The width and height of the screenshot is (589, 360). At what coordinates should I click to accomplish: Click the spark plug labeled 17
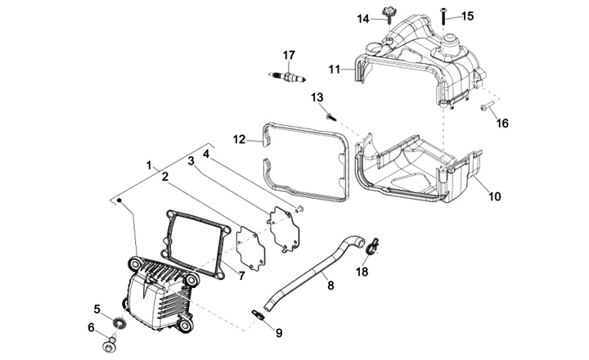pyautogui.click(x=287, y=77)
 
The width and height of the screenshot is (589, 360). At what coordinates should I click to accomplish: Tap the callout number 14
pyautogui.click(x=362, y=18)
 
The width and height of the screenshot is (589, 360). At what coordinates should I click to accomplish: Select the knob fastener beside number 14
pyautogui.click(x=387, y=15)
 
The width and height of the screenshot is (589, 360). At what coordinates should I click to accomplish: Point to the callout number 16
pyautogui.click(x=502, y=123)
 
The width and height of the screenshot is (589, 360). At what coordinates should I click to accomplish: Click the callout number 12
pyautogui.click(x=239, y=140)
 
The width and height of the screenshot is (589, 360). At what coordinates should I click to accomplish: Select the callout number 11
pyautogui.click(x=334, y=70)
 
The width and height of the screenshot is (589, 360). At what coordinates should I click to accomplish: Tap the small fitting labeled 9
pyautogui.click(x=257, y=313)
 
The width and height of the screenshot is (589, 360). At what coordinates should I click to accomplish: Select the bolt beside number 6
pyautogui.click(x=107, y=347)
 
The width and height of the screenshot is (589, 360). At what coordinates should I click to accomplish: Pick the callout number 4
pyautogui.click(x=207, y=153)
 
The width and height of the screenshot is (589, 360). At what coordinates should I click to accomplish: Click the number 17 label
pyautogui.click(x=288, y=55)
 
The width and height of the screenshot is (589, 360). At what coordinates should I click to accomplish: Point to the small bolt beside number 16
pyautogui.click(x=484, y=107)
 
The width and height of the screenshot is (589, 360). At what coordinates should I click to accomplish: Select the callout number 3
pyautogui.click(x=191, y=160)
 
